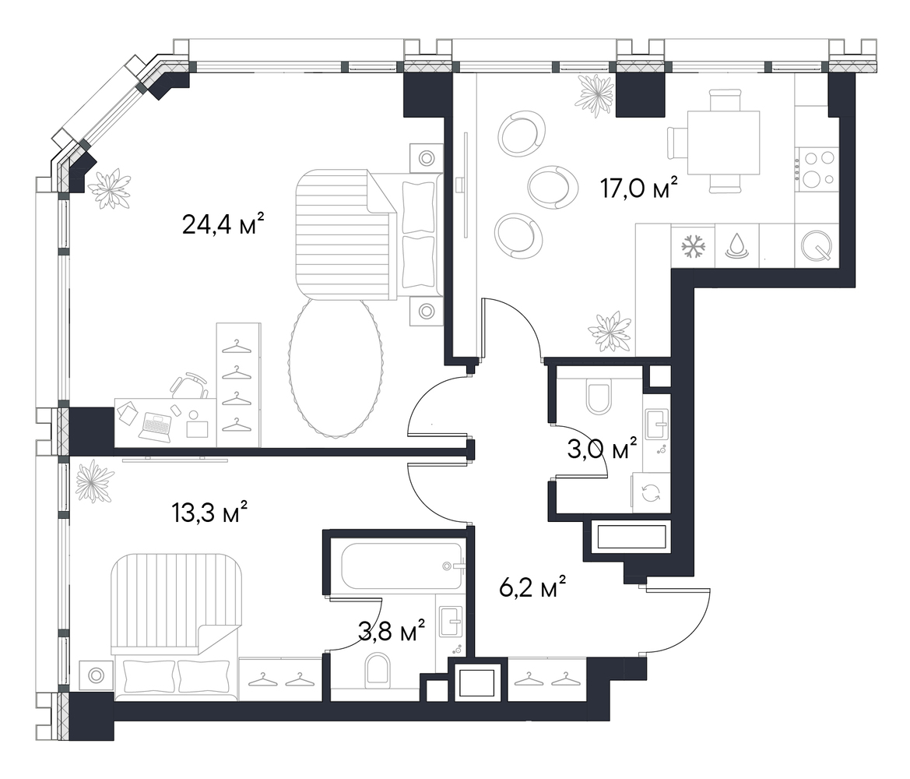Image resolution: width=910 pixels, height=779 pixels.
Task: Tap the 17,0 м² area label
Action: pyautogui.click(x=639, y=189)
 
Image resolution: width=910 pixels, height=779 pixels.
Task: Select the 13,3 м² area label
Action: pyautogui.click(x=209, y=512)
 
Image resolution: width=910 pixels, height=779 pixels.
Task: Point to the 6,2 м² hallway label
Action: pyautogui.click(x=532, y=587)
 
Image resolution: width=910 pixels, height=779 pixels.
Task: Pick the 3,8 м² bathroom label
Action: pyautogui.click(x=392, y=632)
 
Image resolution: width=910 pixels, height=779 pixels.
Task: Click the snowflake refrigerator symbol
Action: pyautogui.click(x=694, y=245)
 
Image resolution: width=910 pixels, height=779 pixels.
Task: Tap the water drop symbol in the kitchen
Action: pyautogui.click(x=736, y=245)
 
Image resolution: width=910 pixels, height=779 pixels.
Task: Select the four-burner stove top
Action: pyautogui.click(x=817, y=170)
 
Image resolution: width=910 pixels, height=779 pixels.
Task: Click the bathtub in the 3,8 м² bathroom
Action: pyautogui.click(x=402, y=566)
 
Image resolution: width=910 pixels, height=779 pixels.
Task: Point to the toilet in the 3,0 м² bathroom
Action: pyautogui.click(x=599, y=396)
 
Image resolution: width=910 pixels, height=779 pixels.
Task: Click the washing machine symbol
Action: pyautogui.click(x=651, y=492)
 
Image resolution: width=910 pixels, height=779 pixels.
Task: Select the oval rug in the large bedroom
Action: pyautogui.click(x=336, y=367)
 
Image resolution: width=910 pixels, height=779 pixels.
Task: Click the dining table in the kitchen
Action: pyautogui.click(x=723, y=143)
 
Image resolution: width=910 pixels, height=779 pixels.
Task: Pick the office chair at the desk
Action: pyautogui.click(x=188, y=385)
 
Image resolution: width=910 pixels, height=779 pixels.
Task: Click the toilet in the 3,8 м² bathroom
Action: pyautogui.click(x=379, y=668)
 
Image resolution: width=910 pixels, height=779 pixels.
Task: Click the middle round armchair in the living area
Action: pyautogui.click(x=553, y=186)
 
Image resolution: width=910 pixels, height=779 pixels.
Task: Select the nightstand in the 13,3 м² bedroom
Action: pyautogui.click(x=96, y=675)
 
